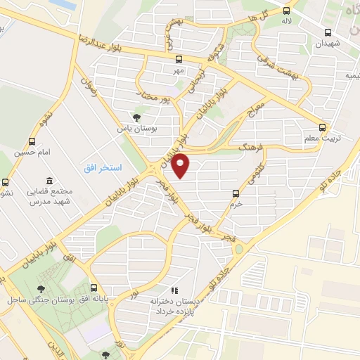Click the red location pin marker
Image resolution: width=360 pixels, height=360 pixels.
[x=181, y=165]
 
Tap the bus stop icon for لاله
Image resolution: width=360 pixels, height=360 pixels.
[x=286, y=11]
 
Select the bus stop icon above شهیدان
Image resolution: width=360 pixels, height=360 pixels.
[x=328, y=32]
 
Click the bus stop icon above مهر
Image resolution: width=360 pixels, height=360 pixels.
[x=179, y=60]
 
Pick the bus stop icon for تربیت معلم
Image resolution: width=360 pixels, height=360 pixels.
[x=322, y=127]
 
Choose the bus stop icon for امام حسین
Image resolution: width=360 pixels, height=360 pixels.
[x=32, y=141]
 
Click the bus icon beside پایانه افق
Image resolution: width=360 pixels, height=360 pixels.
[x=94, y=288]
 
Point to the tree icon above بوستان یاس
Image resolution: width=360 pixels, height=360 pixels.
[x=136, y=118]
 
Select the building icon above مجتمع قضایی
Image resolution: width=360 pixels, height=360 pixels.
[x=48, y=181]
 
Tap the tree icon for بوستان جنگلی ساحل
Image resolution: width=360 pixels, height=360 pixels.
[x=41, y=288]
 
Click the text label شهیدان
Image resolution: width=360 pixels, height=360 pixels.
[x=328, y=44]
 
